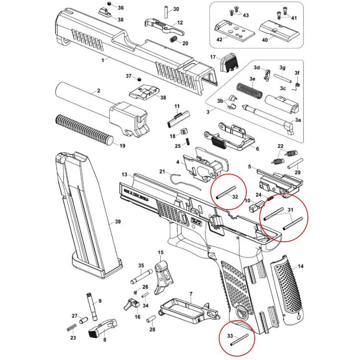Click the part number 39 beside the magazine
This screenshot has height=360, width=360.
coord(118,222)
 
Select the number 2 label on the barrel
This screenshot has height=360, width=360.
coord(98,91)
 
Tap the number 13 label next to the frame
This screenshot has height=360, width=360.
coord(125,174)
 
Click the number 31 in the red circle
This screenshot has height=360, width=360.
coord(290,210)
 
